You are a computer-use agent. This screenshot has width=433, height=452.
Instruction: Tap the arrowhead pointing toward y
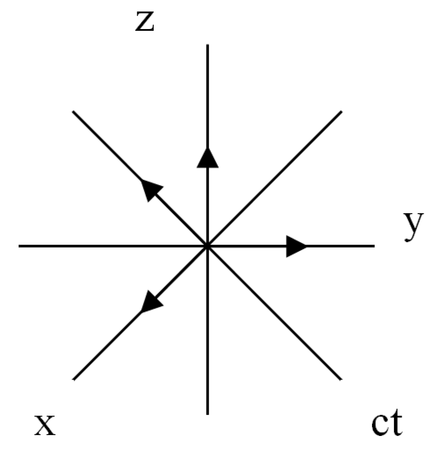[x=296, y=246]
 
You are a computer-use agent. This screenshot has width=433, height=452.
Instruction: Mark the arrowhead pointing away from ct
[x=152, y=190]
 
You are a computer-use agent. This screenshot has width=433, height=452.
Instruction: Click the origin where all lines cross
[x=207, y=246]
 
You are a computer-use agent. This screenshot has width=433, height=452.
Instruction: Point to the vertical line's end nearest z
[x=207, y=45]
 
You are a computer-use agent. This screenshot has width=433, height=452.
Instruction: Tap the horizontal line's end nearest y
[x=374, y=246]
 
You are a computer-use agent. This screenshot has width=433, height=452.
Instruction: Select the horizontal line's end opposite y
[x=19, y=246]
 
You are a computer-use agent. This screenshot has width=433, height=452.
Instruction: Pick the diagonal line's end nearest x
[x=74, y=379]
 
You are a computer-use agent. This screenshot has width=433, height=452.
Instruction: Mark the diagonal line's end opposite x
[x=341, y=112]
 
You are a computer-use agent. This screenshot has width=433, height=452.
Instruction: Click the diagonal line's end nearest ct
[x=341, y=379]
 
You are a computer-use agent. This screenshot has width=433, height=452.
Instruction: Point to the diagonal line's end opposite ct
[x=73, y=112]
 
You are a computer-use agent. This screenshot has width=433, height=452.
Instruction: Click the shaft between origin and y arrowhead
[x=247, y=246]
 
